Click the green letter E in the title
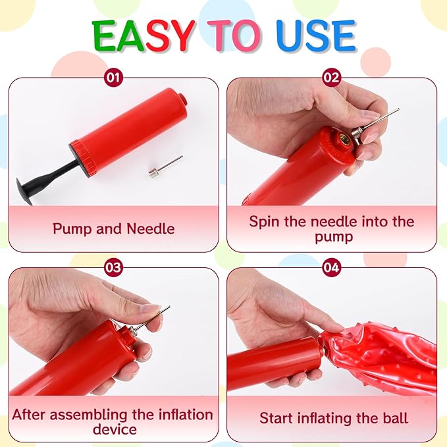105,36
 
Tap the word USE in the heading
316,36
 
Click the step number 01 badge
113,77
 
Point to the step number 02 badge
332,77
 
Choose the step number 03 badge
113,267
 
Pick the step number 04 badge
332,267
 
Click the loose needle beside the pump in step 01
165,167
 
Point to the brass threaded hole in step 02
343,139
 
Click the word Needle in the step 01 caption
151,228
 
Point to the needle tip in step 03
169,307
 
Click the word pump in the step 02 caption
334,237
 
